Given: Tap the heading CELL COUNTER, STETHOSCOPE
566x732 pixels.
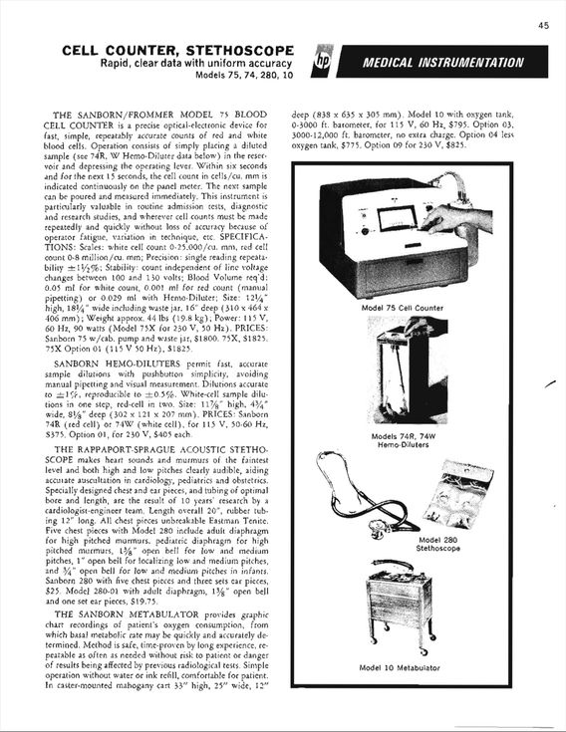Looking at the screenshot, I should coord(178,50).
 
